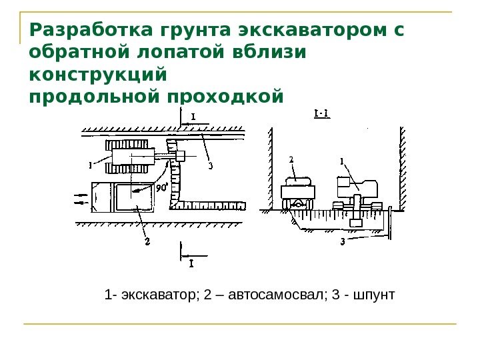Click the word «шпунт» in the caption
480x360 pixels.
coord(377,293)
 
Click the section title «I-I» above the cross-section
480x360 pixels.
coord(321,113)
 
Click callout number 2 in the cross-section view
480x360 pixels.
coord(292,160)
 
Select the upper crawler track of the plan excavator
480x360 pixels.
coord(127,144)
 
